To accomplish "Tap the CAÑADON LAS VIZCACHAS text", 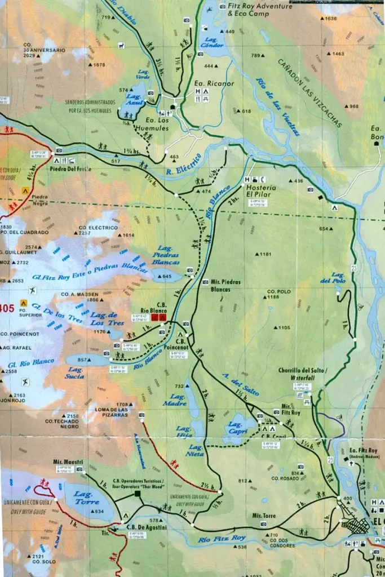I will point(309,92).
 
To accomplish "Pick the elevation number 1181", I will point(265,254).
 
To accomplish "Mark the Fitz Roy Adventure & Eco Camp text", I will point(260,9).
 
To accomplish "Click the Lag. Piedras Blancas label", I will point(166,255).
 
